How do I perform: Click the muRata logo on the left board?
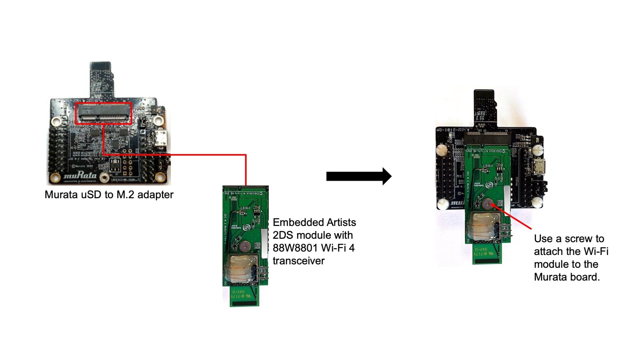(80, 176)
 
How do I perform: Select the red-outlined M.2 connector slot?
(104, 113)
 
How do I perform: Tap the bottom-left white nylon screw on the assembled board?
(443, 204)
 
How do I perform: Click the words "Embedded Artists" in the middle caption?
(314, 222)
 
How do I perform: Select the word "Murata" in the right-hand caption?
(550, 277)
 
